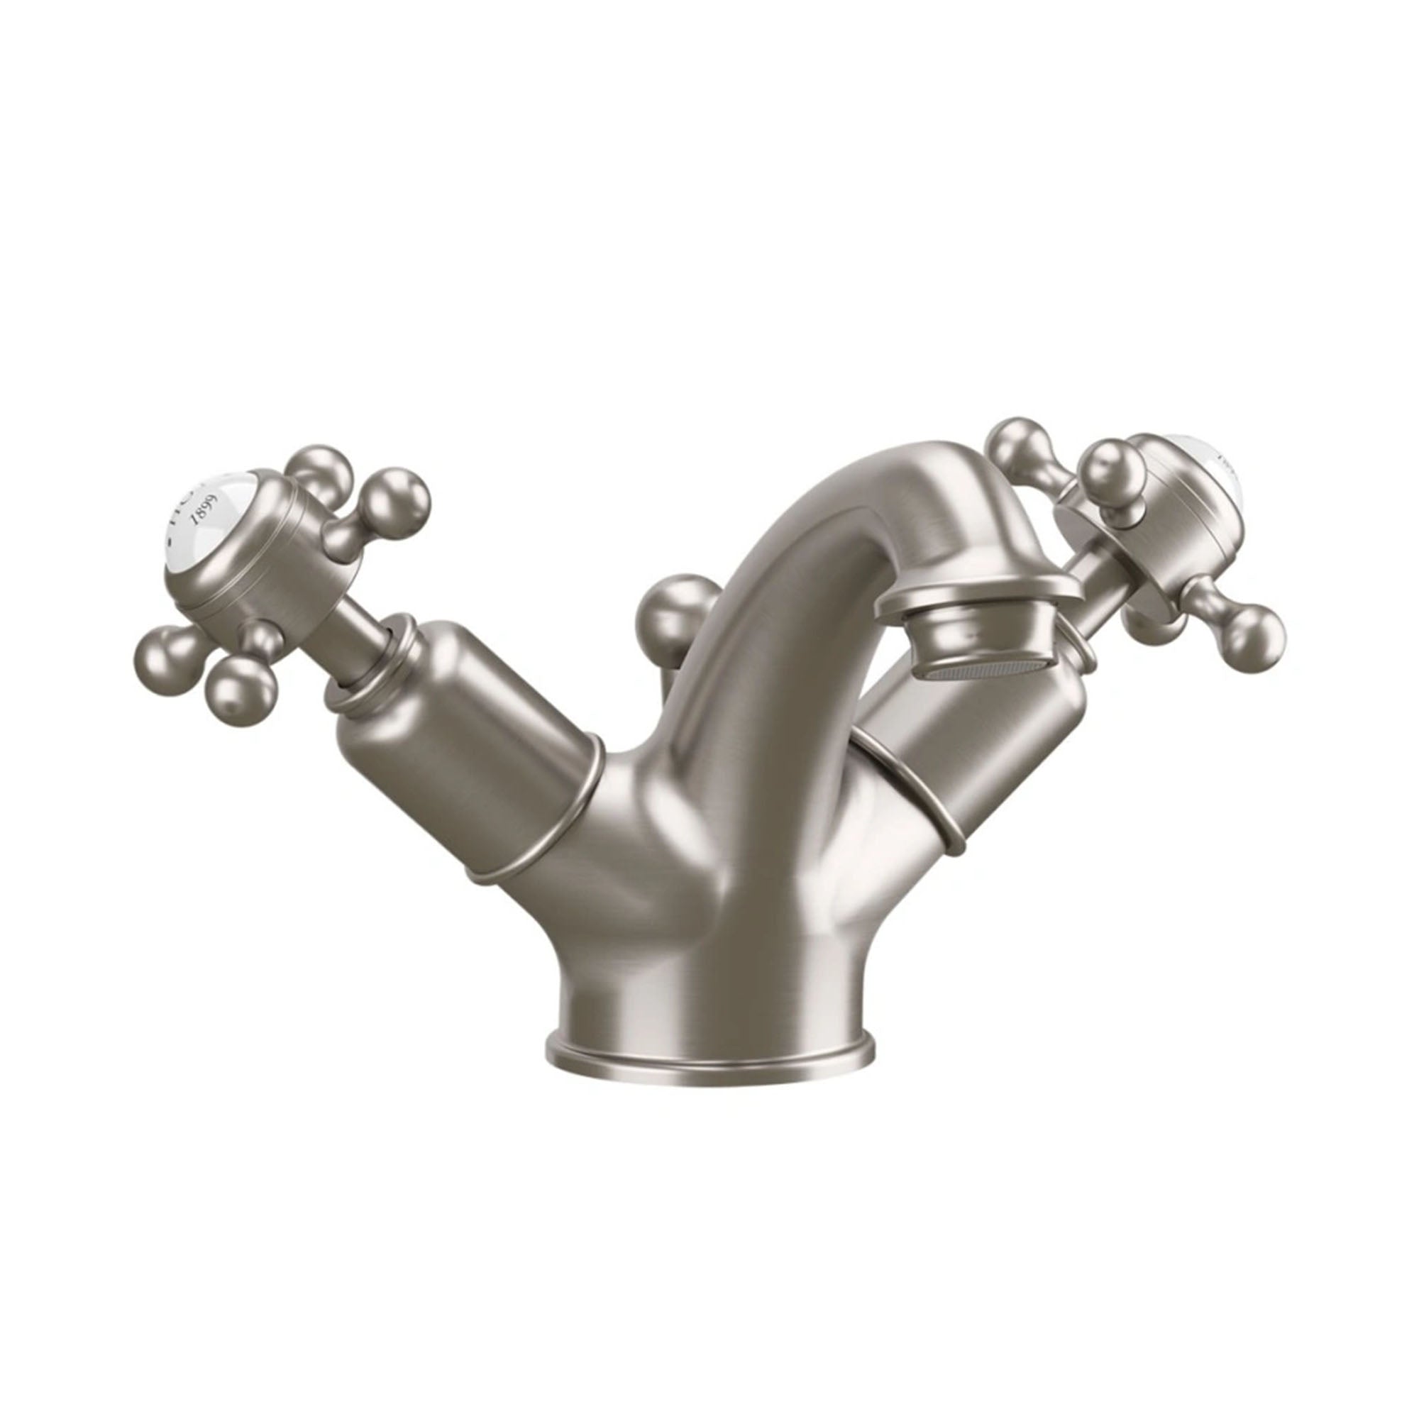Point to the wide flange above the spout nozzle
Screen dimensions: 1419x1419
coord(977,595)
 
